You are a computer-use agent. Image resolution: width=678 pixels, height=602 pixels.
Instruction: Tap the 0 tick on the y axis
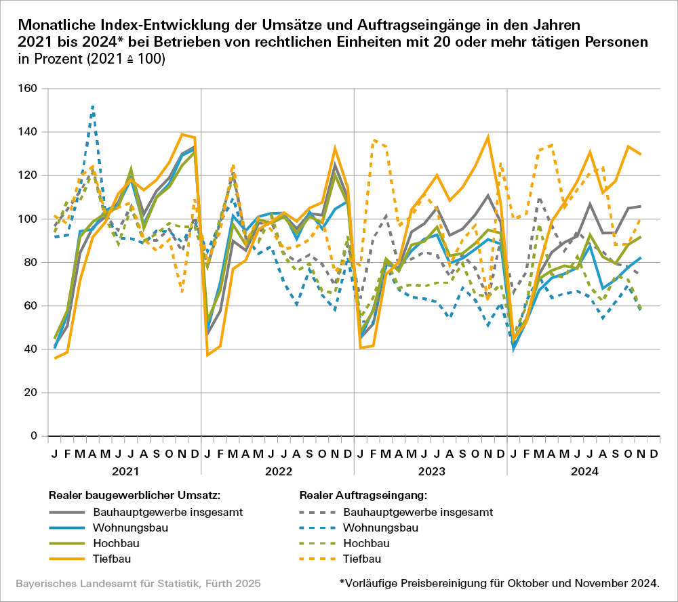tap(33, 436)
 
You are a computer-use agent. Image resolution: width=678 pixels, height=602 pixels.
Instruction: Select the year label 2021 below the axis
tap(125, 470)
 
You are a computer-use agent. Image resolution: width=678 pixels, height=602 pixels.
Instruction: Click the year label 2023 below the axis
tap(431, 470)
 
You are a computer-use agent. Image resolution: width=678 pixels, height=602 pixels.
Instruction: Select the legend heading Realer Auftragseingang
tap(363, 495)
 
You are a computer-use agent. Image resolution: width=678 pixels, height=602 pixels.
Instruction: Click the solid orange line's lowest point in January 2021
tap(55, 358)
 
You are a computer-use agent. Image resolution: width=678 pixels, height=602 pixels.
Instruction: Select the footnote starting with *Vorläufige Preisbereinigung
tap(499, 583)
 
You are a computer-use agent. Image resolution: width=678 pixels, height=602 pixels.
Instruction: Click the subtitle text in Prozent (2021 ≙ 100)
tap(92, 59)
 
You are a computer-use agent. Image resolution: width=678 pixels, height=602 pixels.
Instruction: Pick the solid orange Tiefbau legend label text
tap(112, 559)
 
